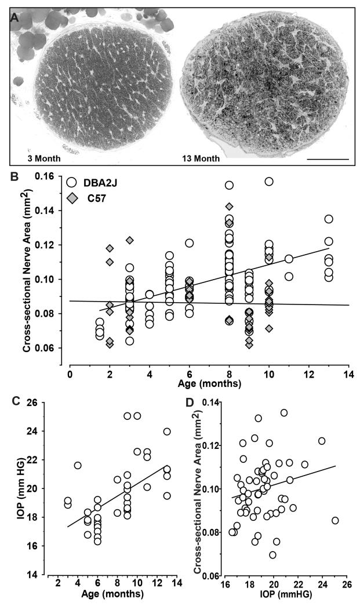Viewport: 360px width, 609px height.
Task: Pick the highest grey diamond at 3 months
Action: pyautogui.click(x=130, y=240)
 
